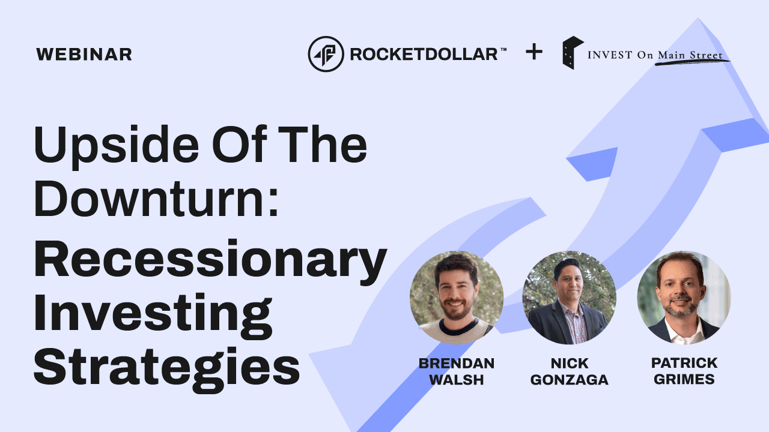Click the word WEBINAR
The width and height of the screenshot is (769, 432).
[84, 55]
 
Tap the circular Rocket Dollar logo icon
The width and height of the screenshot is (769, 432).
[326, 54]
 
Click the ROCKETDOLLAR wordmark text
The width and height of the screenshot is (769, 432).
[424, 55]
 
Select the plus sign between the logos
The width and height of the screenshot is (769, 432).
[534, 52]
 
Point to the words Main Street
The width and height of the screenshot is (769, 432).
[690, 55]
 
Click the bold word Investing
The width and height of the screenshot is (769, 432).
[153, 314]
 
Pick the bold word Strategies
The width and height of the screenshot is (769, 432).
[167, 368]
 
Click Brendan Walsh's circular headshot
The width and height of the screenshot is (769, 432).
[457, 298]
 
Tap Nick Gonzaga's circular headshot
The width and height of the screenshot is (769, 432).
[569, 298]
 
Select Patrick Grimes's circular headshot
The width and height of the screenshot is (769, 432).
[684, 298]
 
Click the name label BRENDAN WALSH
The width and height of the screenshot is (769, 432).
[457, 371]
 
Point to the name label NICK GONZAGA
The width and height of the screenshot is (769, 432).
[569, 371]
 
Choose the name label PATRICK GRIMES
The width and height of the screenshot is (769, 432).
[684, 371]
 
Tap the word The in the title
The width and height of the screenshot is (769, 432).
[322, 144]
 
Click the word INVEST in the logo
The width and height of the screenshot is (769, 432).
[610, 55]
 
